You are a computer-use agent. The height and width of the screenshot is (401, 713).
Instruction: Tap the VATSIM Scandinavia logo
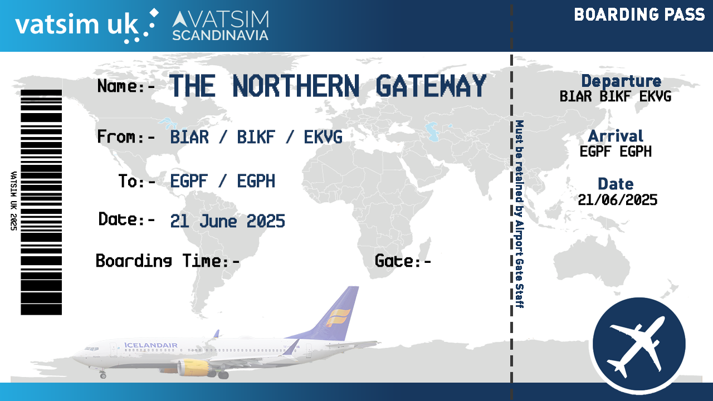(x=221, y=26)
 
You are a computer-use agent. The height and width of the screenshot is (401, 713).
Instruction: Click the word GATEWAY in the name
(x=431, y=86)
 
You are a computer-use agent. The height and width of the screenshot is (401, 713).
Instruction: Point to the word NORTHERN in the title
(x=296, y=86)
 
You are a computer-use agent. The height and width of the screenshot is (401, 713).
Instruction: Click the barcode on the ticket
(x=41, y=202)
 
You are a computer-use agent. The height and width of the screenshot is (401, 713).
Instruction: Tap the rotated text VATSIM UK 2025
(x=14, y=201)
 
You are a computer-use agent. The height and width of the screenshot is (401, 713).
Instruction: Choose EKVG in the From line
(x=323, y=137)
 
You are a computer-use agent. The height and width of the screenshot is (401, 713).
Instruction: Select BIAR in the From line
(x=189, y=137)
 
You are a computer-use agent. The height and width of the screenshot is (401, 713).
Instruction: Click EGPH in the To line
(x=256, y=182)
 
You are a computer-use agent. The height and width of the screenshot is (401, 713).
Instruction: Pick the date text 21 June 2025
(x=228, y=221)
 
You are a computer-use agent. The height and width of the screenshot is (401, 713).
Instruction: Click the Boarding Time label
(x=168, y=261)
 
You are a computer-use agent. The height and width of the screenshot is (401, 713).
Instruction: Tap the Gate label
(x=403, y=261)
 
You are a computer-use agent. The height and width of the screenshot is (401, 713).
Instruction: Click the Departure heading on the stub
(x=621, y=81)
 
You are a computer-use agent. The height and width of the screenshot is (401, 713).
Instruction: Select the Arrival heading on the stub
(x=616, y=136)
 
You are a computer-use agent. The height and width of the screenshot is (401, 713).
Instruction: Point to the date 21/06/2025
(x=618, y=200)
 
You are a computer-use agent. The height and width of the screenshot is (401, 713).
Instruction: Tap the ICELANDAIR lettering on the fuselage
(x=151, y=345)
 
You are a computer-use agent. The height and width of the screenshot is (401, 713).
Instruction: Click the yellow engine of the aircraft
(x=193, y=368)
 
